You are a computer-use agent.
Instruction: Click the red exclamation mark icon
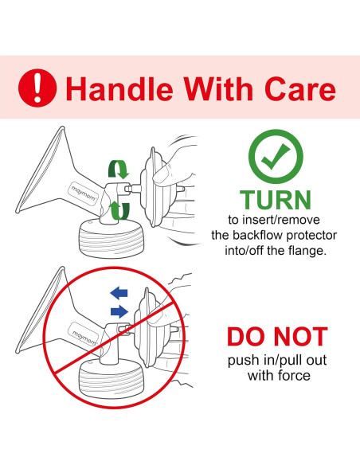[37, 88]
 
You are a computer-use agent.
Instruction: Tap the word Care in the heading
[300, 88]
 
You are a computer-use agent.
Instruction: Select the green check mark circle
[276, 157]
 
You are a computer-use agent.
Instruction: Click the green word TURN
[276, 200]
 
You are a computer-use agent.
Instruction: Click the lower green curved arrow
[119, 210]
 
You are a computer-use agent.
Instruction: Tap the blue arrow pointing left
[119, 293]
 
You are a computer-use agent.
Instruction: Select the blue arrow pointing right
[119, 311]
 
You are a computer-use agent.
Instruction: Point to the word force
[294, 376]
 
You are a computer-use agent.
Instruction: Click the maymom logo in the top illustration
[84, 193]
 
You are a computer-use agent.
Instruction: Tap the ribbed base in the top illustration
[112, 238]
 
